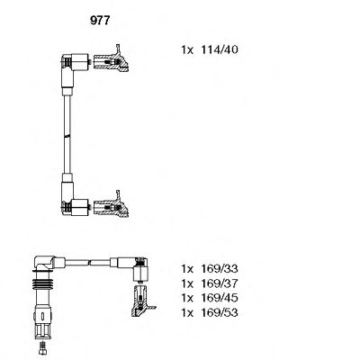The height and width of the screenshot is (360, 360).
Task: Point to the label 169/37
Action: [225, 283]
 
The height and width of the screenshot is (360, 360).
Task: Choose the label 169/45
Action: [225, 298]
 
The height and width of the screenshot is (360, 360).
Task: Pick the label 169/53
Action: [225, 312]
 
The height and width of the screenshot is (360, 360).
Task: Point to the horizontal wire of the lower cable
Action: [90, 262]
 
